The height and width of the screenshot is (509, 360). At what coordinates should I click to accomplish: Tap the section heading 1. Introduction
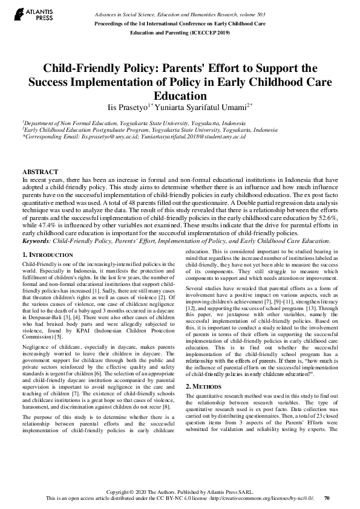click(x=48, y=255)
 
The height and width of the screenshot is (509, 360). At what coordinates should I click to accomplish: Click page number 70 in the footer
click(x=327, y=499)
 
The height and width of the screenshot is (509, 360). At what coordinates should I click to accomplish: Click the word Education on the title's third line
click(x=180, y=96)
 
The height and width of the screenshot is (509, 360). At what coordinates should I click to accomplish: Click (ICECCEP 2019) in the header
click(x=207, y=31)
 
